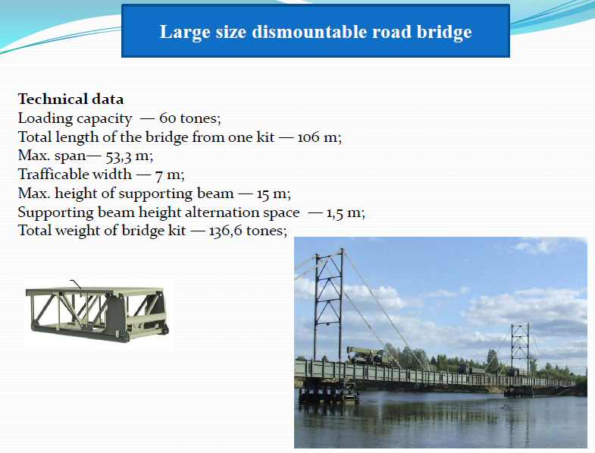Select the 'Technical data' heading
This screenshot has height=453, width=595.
point(70,99)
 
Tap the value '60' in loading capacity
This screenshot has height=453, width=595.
point(167,118)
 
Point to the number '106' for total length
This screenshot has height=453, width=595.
point(308,137)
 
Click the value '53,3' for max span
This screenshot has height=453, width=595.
point(118,156)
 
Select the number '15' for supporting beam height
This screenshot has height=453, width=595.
point(262,193)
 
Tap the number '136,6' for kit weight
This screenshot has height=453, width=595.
point(225,231)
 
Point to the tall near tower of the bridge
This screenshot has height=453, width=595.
point(329,304)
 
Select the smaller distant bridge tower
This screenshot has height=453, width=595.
point(519,348)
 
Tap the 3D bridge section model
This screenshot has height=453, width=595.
point(97,314)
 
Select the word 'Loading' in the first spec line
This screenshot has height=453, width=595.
point(45,118)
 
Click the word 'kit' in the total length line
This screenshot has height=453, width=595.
point(265,137)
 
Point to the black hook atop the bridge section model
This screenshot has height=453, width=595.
point(76,285)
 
